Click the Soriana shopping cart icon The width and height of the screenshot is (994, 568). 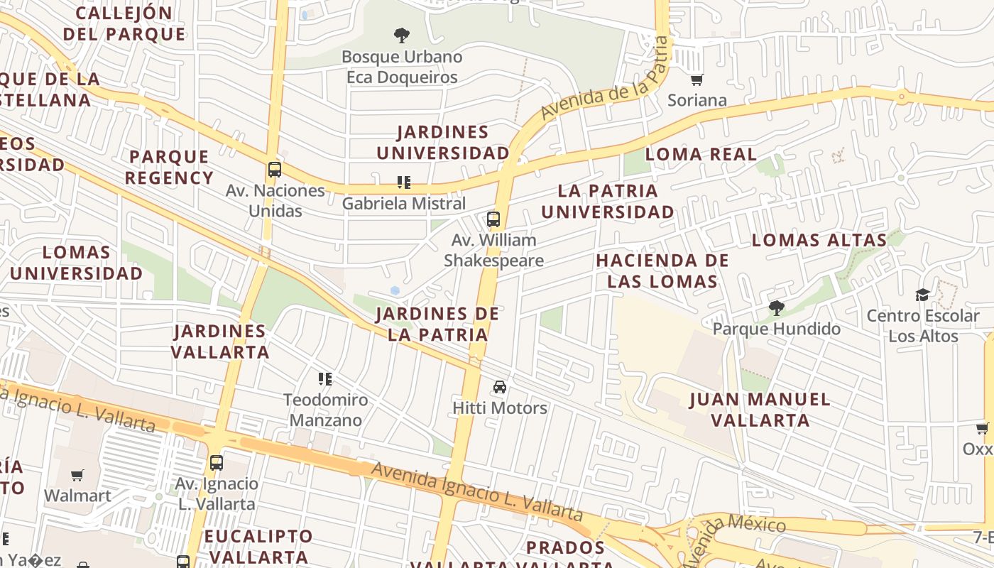pos(697,80)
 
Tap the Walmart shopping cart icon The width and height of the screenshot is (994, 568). pos(77,475)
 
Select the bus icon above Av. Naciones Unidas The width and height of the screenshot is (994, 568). pos(275,170)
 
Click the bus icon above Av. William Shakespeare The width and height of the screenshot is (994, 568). pos(493,219)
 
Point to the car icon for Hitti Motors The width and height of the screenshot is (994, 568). pos(500,387)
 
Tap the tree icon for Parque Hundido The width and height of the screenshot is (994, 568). pos(776,308)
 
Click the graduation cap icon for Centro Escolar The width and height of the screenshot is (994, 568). pos(922,295)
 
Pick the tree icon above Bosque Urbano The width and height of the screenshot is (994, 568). pos(402,35)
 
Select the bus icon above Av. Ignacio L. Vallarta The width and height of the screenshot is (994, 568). pos(217,463)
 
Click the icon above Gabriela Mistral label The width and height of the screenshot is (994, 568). pos(404,182)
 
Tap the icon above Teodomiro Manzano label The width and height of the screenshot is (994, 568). pos(325,379)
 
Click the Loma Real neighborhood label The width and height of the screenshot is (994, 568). pos(701,154)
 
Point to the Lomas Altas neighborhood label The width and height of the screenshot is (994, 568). pos(819,240)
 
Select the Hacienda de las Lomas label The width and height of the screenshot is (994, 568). pos(662,271)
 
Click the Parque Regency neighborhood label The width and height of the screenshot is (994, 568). pos(169,167)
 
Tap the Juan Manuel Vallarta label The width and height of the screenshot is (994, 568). pos(760,410)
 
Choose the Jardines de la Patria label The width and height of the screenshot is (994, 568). pos(437,324)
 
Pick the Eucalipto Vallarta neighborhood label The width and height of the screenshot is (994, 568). pos(258,546)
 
